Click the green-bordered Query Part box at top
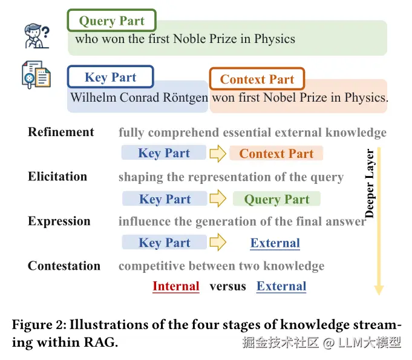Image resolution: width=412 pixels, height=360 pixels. [111, 21]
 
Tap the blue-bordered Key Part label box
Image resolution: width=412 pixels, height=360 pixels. [110, 77]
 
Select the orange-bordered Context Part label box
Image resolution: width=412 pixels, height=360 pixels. [257, 79]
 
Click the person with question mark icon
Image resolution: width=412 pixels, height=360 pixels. [37, 36]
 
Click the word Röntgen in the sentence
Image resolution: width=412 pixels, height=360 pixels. [185, 97]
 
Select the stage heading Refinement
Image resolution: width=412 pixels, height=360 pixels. [61, 133]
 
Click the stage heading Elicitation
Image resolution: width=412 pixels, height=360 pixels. [57, 177]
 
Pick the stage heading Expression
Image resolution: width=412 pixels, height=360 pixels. [59, 221]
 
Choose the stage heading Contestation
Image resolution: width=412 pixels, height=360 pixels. [64, 266]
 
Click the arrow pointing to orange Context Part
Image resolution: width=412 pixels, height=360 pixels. [217, 154]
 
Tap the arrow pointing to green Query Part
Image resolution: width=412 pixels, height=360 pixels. [218, 199]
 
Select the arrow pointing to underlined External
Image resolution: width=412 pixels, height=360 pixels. [217, 243]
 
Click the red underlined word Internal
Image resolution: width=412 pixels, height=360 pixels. [176, 286]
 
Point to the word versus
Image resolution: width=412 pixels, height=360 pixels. [228, 286]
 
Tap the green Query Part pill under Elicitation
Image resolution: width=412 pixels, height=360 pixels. [276, 199]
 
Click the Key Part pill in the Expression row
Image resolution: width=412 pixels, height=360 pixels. [165, 243]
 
